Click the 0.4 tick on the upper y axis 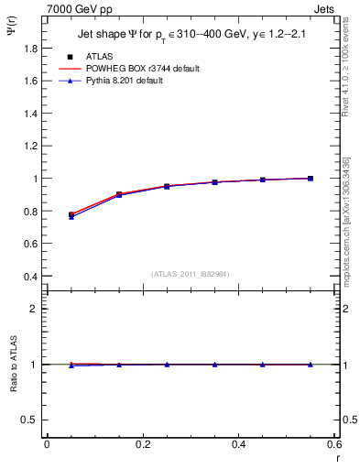(x=31, y=277)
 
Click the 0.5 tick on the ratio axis (x=31, y=420)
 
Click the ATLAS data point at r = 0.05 (x=71, y=214)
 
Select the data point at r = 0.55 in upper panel (x=311, y=179)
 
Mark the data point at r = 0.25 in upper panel (x=167, y=186)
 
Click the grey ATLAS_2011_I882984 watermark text (x=191, y=274)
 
